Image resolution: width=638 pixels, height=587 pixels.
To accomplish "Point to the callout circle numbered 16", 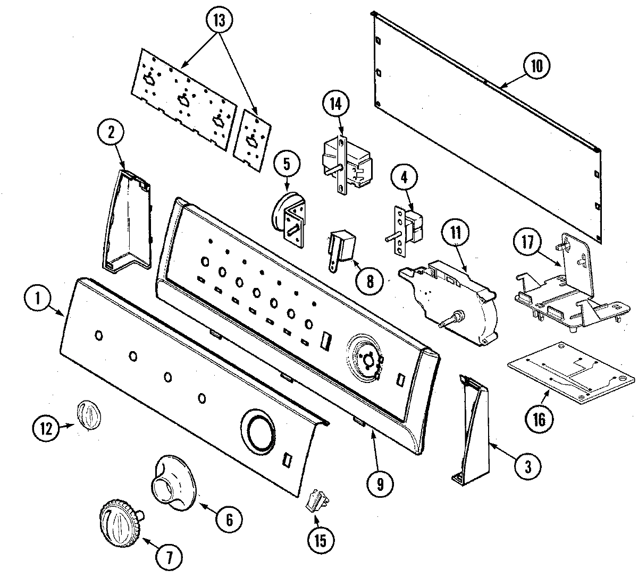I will click(539, 419).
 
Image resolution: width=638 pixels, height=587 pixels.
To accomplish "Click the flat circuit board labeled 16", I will click(572, 372).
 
